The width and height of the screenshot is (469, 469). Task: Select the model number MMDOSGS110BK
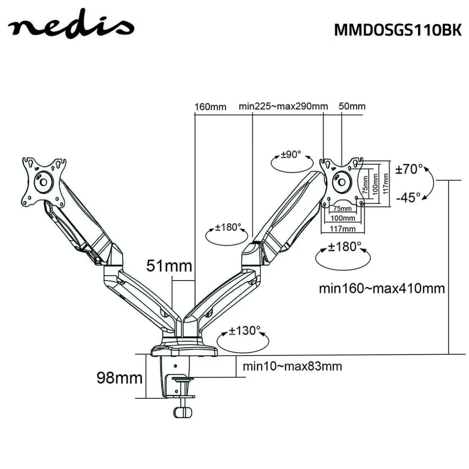click(x=398, y=30)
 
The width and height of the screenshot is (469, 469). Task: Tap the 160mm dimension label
click(x=210, y=107)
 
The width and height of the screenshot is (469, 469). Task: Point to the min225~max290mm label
click(x=283, y=106)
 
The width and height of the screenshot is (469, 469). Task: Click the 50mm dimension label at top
click(x=352, y=106)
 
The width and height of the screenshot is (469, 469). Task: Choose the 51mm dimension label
click(x=169, y=266)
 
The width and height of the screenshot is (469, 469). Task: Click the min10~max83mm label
click(x=292, y=366)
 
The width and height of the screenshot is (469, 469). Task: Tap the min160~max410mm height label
click(x=382, y=288)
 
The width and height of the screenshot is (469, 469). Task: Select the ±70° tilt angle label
click(x=409, y=169)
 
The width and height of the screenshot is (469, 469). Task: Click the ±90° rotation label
click(x=291, y=154)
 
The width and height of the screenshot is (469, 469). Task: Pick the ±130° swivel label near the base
click(x=244, y=331)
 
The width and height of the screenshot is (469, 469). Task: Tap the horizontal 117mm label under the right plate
click(x=343, y=229)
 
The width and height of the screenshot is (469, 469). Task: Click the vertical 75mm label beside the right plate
click(x=365, y=184)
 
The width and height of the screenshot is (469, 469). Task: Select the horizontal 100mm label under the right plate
click(x=343, y=218)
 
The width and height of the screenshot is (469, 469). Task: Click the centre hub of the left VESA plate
click(x=43, y=182)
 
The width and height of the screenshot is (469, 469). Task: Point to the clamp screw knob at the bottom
click(x=182, y=412)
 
